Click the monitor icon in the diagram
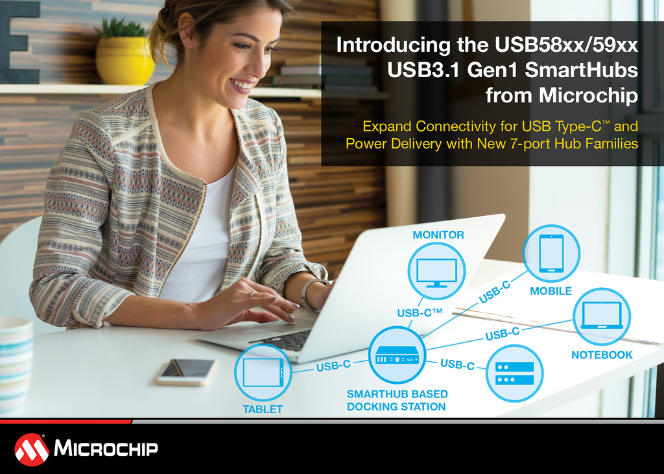pyautogui.click(x=436, y=271)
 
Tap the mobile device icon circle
pyautogui.click(x=551, y=254)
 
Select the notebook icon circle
pyautogui.click(x=601, y=316)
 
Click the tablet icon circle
pyautogui.click(x=263, y=372)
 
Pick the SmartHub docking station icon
pyautogui.click(x=397, y=355)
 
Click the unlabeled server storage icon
pyautogui.click(x=514, y=373)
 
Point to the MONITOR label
pyautogui.click(x=438, y=235)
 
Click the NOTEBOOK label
pyautogui.click(x=602, y=355)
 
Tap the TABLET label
pyautogui.click(x=263, y=409)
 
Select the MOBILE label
pyautogui.click(x=551, y=291)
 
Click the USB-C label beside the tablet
pyautogui.click(x=334, y=366)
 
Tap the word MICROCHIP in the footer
pyautogui.click(x=106, y=448)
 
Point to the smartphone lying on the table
pyautogui.click(x=187, y=371)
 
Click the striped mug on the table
pyautogui.click(x=16, y=364)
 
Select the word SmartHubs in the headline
pyautogui.click(x=581, y=70)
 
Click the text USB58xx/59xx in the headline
pyautogui.click(x=566, y=45)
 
